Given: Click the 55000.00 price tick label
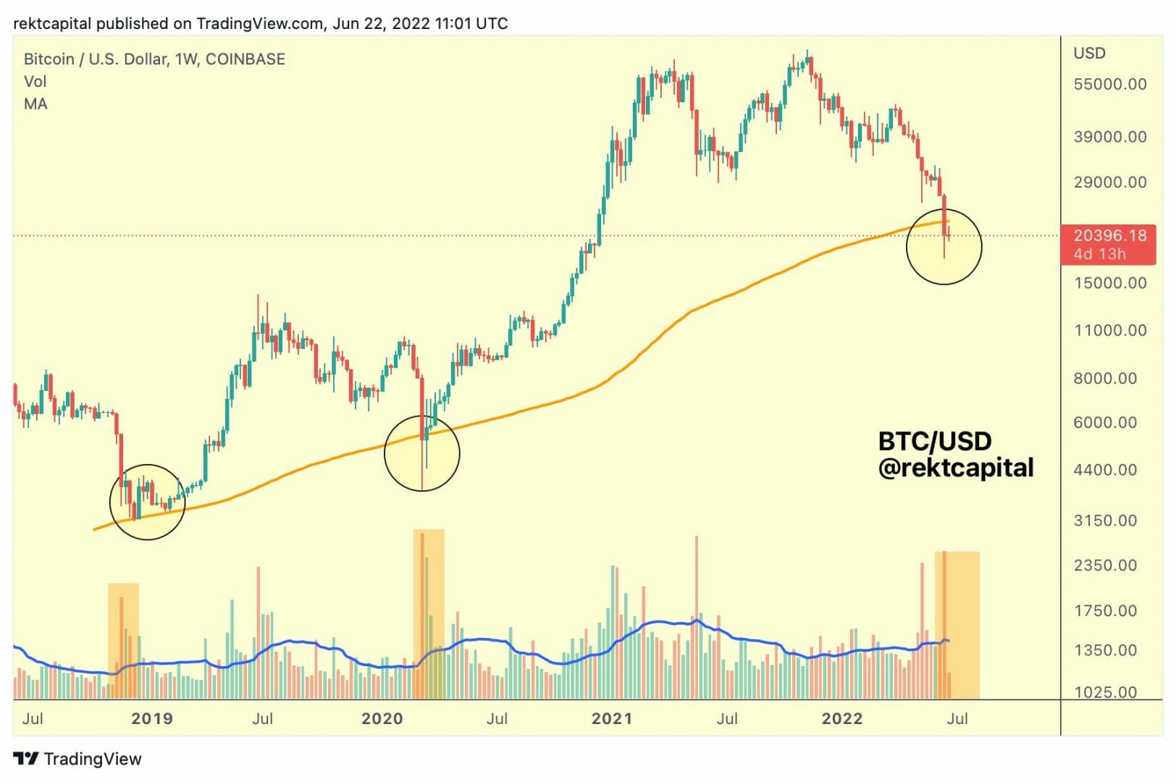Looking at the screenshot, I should pos(1109,84).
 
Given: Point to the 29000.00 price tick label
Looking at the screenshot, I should pos(1109,182).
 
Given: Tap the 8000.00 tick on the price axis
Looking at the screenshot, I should pos(1105,378).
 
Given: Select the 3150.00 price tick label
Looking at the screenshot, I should pos(1105,520).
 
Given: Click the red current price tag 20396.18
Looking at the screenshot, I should pos(1108,236).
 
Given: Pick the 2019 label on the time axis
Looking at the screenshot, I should pos(152,718).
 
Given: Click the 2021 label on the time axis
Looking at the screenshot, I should pos(612,718).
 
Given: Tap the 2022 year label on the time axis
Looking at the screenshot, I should pos(842,718).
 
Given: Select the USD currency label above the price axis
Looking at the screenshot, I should pos(1089,53).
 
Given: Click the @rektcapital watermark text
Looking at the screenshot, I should pos(956,468).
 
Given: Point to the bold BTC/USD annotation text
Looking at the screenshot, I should pos(934,441).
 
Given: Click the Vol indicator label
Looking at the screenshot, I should pos(35,81).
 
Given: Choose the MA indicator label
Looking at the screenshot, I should pos(35,104).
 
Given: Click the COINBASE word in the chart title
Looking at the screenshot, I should pos(245,59).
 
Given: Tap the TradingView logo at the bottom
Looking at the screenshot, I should pos(77,758).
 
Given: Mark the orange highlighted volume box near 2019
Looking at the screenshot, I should pos(123,640).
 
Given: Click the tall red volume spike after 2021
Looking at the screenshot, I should pos(696,615).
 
